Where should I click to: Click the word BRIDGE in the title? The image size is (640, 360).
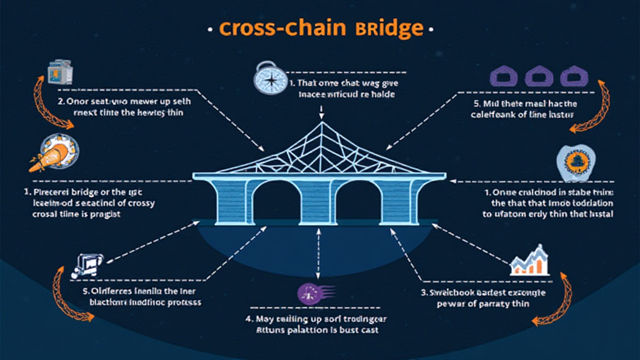[389, 29]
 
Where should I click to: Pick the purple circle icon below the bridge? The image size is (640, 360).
[309, 294]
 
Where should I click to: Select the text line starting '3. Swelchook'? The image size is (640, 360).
[482, 292]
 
